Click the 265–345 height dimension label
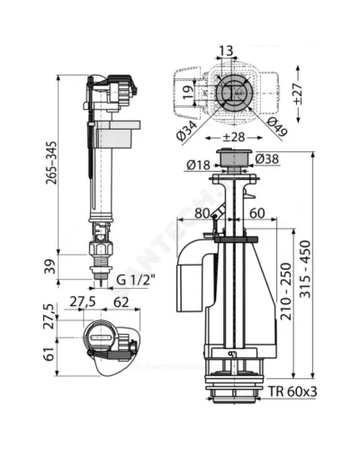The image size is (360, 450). click(51, 163)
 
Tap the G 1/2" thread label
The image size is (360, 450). click(136, 281)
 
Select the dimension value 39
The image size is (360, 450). click(50, 266)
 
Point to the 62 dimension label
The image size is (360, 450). click(121, 302)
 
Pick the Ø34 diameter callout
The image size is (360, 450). click(186, 130)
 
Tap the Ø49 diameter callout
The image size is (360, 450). click(277, 128)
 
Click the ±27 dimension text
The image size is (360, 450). click(298, 94)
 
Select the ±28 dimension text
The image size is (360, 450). click(234, 137)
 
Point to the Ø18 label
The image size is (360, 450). click(198, 165)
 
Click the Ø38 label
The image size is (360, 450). click(267, 159)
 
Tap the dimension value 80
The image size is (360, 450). click(202, 213)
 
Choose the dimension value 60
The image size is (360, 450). click(257, 213)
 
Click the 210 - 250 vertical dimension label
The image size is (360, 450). click(286, 292)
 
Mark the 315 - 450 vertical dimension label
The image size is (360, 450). click(306, 269)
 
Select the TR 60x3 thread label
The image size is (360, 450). click(292, 391)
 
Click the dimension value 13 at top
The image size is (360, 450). click(226, 50)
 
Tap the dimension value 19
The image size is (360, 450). click(187, 93)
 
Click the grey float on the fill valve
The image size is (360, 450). click(118, 135)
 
